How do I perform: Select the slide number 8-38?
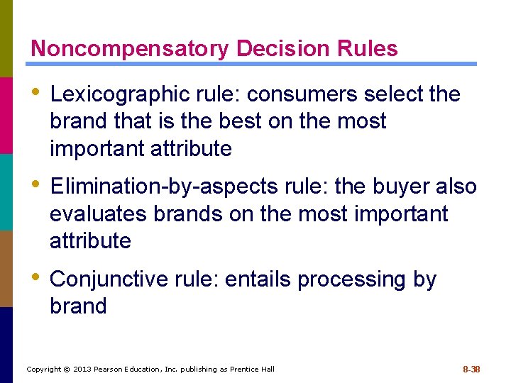(471, 369)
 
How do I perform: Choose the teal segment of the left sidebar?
(6, 191)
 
